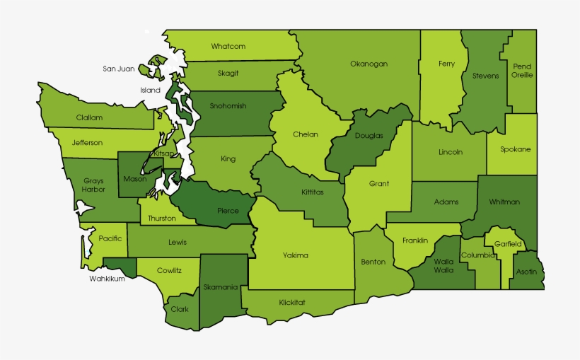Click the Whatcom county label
click(x=228, y=47)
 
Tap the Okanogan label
click(x=369, y=64)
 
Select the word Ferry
click(x=446, y=64)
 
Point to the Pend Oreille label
click(x=523, y=71)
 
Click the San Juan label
click(x=118, y=69)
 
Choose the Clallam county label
click(x=90, y=117)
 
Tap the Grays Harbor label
click(x=93, y=185)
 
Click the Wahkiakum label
click(x=108, y=279)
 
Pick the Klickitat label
click(x=292, y=302)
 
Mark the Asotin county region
click(x=526, y=272)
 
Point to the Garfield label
click(x=508, y=244)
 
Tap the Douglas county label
click(x=369, y=136)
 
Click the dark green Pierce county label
click(x=227, y=211)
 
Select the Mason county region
click(x=134, y=179)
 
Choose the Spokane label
click(x=515, y=149)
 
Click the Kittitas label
click(x=313, y=192)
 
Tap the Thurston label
click(x=162, y=218)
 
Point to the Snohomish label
click(x=228, y=106)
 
